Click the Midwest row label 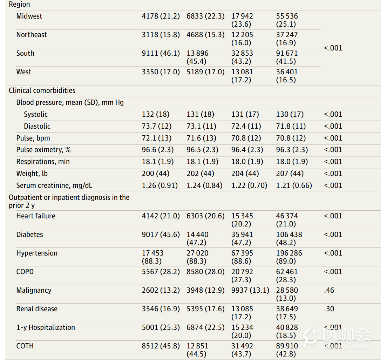click(29, 16)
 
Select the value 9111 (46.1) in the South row click(161, 53)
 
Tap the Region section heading click(19, 4)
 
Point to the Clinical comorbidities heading click(42, 90)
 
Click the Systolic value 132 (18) click(156, 115)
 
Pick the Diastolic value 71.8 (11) click(291, 126)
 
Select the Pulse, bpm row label click(33, 138)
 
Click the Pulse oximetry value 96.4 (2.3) click(247, 150)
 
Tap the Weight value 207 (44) click(290, 174)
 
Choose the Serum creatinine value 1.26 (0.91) click(160, 185)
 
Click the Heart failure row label click(36, 216)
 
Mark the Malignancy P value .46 click(329, 290)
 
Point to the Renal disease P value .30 click(329, 309)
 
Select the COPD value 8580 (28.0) click(205, 272)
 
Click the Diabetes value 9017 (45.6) click(161, 235)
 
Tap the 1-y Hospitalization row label click(46, 327)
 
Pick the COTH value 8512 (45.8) click(161, 346)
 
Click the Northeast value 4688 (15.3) click(205, 35)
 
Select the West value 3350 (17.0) click(161, 72)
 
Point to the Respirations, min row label click(43, 162)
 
